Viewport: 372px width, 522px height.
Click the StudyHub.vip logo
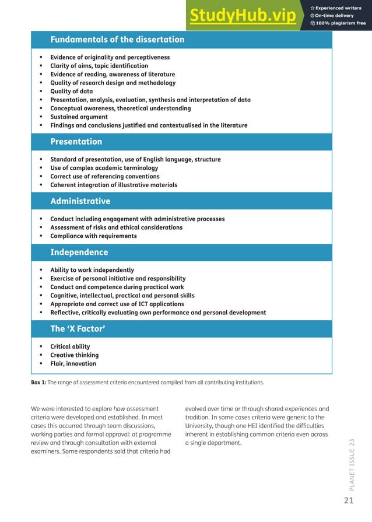tap(242, 16)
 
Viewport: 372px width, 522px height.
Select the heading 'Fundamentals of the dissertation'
tap(117, 40)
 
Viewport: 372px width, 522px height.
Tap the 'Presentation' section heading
tap(76, 142)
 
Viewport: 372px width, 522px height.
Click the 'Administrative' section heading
tap(80, 201)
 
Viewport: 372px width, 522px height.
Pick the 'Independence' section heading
tap(79, 253)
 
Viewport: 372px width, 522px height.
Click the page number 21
tap(349, 501)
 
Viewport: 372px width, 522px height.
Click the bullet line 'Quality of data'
tap(71, 92)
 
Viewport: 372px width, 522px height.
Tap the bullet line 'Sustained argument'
tap(79, 117)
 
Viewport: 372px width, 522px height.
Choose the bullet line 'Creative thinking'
tap(74, 355)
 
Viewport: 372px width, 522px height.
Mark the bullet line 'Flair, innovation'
tap(73, 363)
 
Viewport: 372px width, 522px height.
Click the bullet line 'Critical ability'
tap(70, 346)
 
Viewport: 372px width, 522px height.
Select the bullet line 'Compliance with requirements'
tap(93, 236)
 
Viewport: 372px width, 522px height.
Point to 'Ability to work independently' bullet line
tap(92, 270)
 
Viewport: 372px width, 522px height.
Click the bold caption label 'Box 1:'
tap(38, 383)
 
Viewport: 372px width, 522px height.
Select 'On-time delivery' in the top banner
tap(335, 16)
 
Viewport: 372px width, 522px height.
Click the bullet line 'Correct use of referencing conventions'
tap(104, 176)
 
